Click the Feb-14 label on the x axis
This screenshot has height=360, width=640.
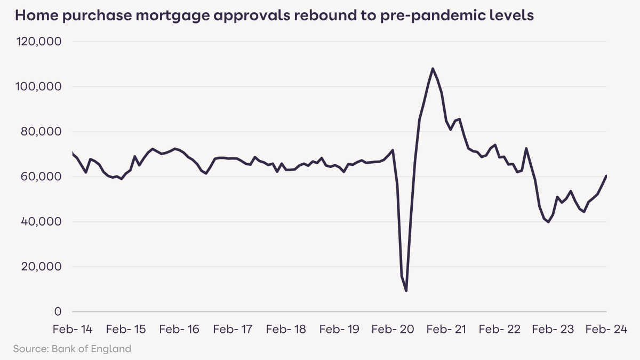pyautogui.click(x=72, y=330)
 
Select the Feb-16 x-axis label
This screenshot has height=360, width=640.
pyautogui.click(x=179, y=330)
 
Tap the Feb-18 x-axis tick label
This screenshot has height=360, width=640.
pyautogui.click(x=286, y=330)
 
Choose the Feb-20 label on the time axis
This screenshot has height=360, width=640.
pyautogui.click(x=393, y=330)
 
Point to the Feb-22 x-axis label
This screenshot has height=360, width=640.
pyautogui.click(x=500, y=330)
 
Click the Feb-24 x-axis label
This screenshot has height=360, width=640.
pyautogui.click(x=606, y=330)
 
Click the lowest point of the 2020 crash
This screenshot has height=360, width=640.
pyautogui.click(x=406, y=291)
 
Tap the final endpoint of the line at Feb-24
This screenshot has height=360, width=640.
pyautogui.click(x=606, y=175)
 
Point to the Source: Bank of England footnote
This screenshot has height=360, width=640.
pyautogui.click(x=72, y=349)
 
